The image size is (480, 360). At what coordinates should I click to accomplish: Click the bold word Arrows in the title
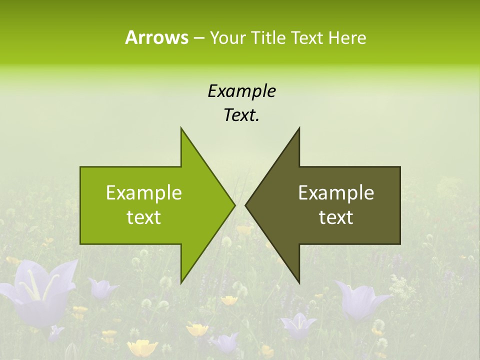[156, 37]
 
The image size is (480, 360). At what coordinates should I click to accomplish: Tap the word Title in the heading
[267, 38]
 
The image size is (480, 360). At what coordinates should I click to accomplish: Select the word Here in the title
[347, 38]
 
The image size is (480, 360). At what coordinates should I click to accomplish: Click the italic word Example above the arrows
[241, 91]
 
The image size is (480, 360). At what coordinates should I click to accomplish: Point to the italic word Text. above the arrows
[241, 115]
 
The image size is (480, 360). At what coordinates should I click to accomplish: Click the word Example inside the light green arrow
[144, 192]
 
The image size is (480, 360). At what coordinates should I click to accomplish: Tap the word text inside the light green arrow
[144, 217]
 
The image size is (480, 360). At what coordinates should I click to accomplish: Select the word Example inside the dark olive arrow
[336, 192]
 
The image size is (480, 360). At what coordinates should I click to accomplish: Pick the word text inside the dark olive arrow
[336, 217]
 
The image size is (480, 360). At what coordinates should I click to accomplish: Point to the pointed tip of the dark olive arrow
[246, 205]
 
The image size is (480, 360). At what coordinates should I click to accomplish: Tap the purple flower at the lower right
[361, 300]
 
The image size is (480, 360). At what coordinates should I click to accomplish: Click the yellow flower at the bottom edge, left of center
[142, 347]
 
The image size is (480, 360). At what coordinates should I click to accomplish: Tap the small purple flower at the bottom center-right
[298, 325]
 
